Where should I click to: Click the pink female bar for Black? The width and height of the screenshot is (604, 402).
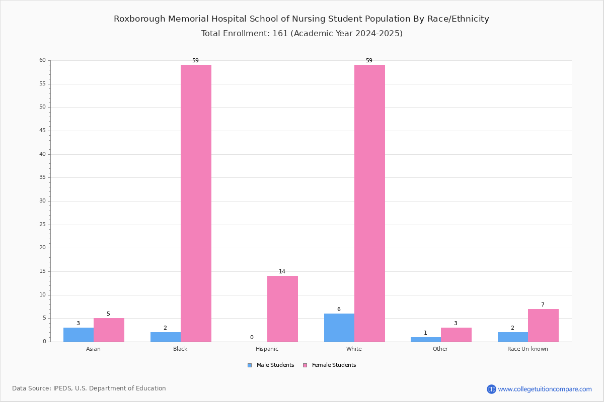pyautogui.click(x=196, y=204)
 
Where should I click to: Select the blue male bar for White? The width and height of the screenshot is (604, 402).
pyautogui.click(x=339, y=328)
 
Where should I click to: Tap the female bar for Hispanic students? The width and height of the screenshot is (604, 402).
pyautogui.click(x=282, y=309)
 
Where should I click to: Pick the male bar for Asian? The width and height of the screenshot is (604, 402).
pyautogui.click(x=79, y=335)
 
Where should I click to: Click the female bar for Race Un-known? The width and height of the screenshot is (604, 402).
pyautogui.click(x=543, y=326)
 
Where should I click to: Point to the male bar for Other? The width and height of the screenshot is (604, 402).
pyautogui.click(x=426, y=340)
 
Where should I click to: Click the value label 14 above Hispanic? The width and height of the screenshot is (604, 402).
pyautogui.click(x=282, y=271)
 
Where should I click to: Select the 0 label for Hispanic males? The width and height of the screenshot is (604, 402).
pyautogui.click(x=252, y=337)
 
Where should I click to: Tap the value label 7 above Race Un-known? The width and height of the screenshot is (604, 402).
pyautogui.click(x=543, y=305)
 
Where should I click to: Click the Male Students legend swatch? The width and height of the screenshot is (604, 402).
pyautogui.click(x=250, y=365)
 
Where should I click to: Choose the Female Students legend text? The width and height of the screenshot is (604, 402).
pyautogui.click(x=334, y=365)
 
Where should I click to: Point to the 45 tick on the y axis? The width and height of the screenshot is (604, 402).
pyautogui.click(x=43, y=131)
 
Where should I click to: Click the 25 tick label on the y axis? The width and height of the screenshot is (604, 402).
pyautogui.click(x=43, y=224)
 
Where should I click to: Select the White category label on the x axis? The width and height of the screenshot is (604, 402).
pyautogui.click(x=354, y=349)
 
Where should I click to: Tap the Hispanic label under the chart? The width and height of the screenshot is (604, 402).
pyautogui.click(x=267, y=349)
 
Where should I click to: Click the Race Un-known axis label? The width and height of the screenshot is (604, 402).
pyautogui.click(x=527, y=349)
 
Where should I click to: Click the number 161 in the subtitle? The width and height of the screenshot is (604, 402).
pyautogui.click(x=280, y=33)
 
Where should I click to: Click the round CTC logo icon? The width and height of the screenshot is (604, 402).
pyautogui.click(x=492, y=389)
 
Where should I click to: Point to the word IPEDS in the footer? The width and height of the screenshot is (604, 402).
pyautogui.click(x=62, y=388)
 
